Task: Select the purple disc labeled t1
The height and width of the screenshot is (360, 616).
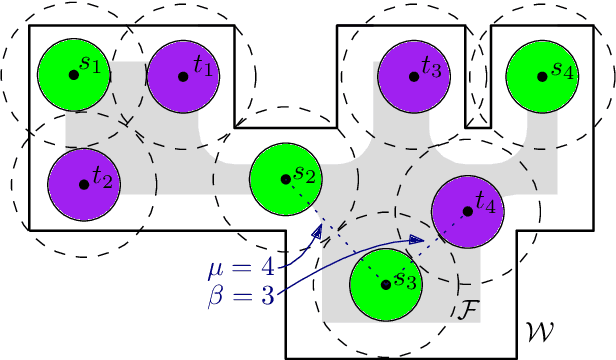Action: [182, 76]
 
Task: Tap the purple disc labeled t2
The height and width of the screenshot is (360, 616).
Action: [83, 185]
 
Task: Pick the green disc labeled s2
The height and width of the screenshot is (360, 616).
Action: [285, 179]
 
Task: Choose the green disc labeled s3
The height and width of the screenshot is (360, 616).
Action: [385, 284]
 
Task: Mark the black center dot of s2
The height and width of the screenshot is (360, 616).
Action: [285, 179]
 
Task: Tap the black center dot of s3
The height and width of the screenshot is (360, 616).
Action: [385, 284]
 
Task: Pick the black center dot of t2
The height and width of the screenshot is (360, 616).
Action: [83, 185]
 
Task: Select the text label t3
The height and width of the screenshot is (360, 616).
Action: [432, 68]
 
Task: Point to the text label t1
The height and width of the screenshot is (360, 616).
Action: [203, 67]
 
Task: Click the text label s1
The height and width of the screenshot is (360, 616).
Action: [91, 66]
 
